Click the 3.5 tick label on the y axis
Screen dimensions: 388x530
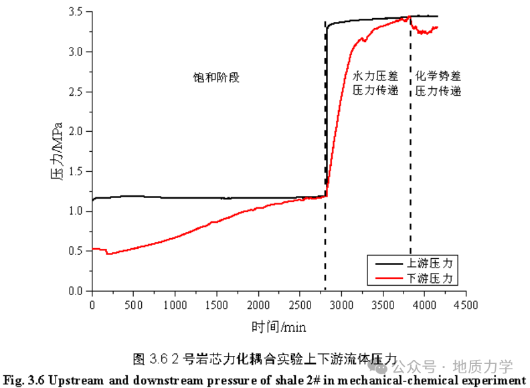coord(76,12)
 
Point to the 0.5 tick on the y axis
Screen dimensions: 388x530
coord(76,251)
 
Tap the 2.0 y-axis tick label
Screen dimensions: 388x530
coord(76,132)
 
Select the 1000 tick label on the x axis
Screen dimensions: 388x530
coord(175,305)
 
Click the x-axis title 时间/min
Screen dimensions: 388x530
coord(279,327)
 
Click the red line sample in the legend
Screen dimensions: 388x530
coord(388,277)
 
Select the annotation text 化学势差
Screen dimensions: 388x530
coord(438,76)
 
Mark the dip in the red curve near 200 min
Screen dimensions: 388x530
coord(107,254)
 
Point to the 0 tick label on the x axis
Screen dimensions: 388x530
coord(92,305)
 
